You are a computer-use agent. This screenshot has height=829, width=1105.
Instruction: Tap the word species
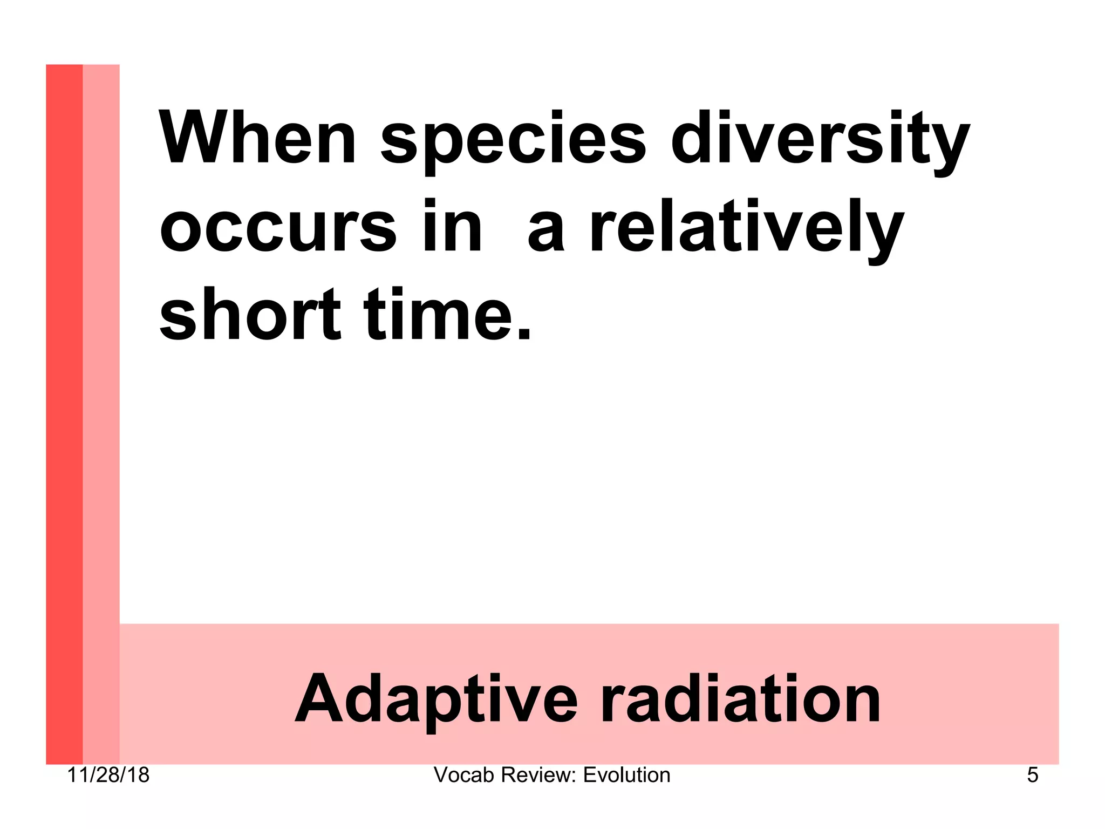(513, 141)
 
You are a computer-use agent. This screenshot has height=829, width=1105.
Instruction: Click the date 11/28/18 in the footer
(108, 775)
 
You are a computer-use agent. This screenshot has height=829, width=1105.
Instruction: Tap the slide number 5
(1032, 775)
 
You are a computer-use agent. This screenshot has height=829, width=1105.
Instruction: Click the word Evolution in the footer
(626, 775)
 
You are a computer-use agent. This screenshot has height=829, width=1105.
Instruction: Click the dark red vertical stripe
(64, 410)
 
